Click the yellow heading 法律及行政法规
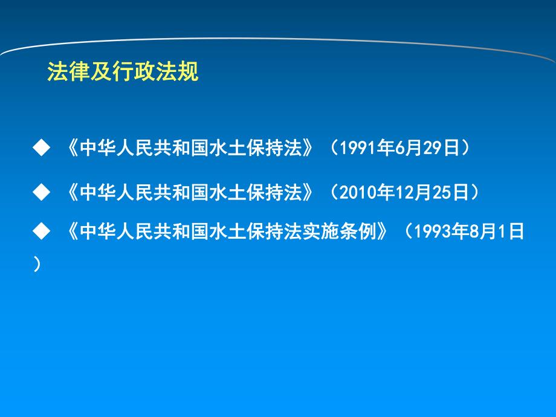(x=123, y=72)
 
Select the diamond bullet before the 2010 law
(x=41, y=193)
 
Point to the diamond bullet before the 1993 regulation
(x=41, y=231)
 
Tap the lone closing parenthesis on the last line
(x=37, y=264)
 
